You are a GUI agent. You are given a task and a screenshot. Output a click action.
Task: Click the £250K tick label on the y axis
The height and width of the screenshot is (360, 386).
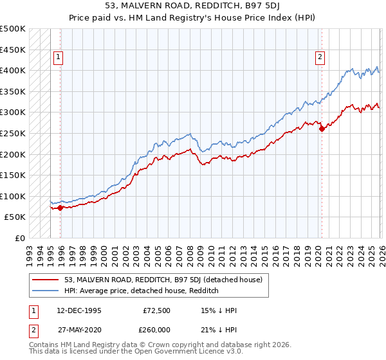(13, 133)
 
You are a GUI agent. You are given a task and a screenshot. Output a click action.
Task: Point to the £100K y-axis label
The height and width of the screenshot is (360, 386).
(13, 196)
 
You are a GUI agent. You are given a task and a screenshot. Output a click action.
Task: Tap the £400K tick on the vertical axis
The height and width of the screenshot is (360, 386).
(13, 70)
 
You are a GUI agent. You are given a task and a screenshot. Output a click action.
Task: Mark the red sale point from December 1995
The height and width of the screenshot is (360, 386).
(60, 208)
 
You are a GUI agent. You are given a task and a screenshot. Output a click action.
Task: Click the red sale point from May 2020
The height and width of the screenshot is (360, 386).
(321, 129)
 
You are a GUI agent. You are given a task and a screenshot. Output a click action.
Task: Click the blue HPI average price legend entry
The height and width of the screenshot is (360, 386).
(142, 291)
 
